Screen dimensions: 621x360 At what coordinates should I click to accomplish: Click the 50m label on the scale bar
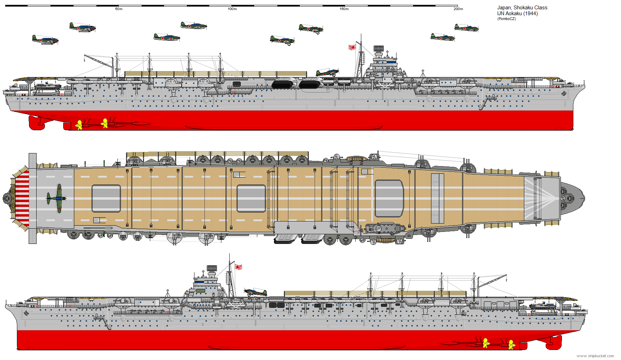tap(119, 9)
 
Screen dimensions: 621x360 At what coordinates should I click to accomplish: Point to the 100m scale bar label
tap(232, 9)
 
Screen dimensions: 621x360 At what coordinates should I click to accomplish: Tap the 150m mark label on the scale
tap(344, 9)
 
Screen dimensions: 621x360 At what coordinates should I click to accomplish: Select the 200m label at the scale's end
tap(458, 9)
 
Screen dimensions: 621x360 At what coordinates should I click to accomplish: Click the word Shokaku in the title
tap(523, 8)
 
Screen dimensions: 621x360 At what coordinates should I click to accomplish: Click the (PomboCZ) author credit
tap(507, 19)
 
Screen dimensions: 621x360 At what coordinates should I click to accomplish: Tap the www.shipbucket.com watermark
tap(595, 356)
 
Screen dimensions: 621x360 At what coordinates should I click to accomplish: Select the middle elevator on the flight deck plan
tap(251, 198)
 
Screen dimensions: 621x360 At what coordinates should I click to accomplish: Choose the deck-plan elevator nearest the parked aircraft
tap(106, 198)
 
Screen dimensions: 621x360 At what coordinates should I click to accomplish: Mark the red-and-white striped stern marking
tap(22, 198)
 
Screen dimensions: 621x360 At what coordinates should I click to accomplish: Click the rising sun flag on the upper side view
tap(352, 47)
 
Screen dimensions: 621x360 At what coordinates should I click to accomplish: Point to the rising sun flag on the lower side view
tap(238, 267)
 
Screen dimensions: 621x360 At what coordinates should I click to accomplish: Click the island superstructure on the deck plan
tap(383, 228)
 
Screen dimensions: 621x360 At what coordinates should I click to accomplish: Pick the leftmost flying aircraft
tap(45, 40)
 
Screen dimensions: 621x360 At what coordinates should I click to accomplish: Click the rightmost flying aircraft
tap(467, 28)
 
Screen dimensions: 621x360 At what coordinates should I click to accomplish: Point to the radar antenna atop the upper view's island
tap(379, 48)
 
